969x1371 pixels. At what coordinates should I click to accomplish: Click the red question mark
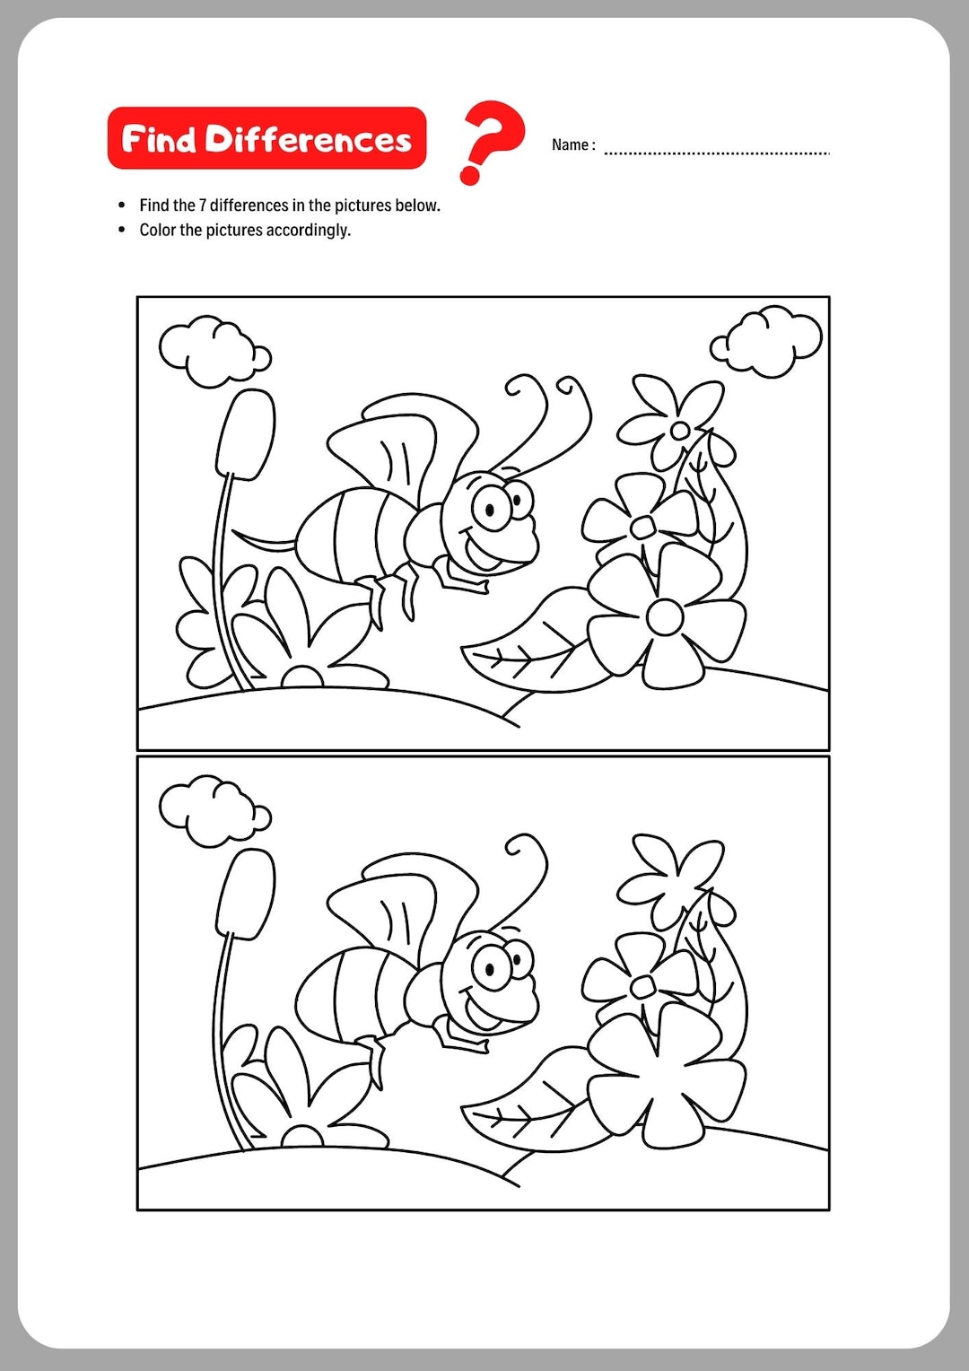491,139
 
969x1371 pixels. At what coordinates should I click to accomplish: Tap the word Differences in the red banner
308,139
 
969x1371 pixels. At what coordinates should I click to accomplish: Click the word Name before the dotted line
570,145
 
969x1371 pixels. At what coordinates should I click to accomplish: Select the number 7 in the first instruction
203,205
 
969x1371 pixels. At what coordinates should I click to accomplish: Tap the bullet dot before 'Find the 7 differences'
122,205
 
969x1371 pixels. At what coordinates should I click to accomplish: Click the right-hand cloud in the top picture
767,342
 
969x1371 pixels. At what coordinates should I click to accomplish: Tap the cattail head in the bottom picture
246,894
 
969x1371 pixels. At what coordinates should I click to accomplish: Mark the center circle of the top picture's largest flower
664,616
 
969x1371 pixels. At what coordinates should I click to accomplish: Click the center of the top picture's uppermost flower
680,431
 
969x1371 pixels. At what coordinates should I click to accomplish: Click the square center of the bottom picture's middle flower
642,987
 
